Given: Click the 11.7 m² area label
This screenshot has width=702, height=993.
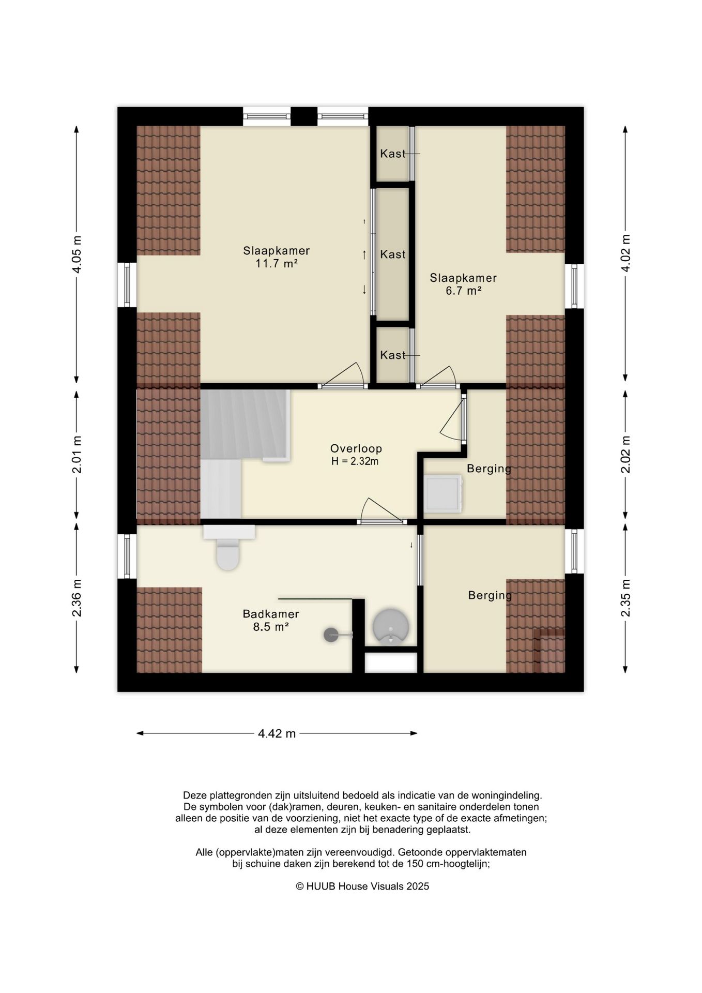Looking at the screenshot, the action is [x=277, y=264].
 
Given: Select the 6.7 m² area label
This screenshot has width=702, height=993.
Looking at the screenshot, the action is [x=464, y=291].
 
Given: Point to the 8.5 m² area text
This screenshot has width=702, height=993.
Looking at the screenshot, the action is [x=271, y=627].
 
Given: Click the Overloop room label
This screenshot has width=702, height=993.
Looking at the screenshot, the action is [x=356, y=448].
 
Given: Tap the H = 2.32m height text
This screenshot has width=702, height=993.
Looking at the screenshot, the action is [x=355, y=461].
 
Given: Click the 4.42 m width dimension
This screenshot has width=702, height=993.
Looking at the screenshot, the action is [x=277, y=733].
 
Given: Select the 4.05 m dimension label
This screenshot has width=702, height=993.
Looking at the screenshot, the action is [x=77, y=254].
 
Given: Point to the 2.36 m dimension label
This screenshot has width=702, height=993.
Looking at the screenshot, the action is [x=77, y=598].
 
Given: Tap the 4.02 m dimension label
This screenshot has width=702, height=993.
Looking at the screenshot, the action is [x=625, y=253].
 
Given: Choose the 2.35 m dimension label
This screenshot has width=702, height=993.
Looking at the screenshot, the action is [x=625, y=598].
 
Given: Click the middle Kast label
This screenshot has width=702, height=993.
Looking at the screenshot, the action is [x=393, y=254].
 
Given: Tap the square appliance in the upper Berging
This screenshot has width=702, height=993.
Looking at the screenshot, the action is [x=442, y=494].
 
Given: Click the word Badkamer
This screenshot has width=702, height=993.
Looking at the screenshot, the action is [x=271, y=614].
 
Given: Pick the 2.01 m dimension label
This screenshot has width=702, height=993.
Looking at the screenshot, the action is [x=77, y=455].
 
